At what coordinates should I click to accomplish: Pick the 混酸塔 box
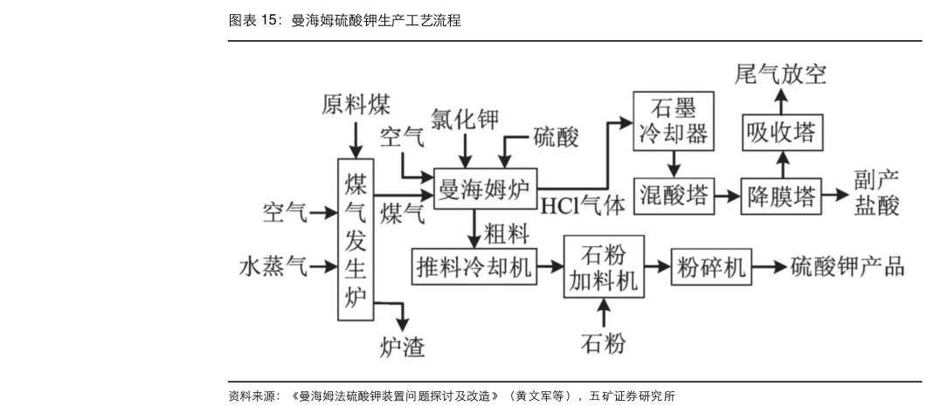674,195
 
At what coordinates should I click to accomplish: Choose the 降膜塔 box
782,196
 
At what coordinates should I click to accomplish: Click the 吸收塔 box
782,133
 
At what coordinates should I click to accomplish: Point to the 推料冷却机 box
474,267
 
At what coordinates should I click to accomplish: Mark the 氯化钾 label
467,120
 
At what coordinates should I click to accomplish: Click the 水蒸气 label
273,266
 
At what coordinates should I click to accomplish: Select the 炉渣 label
403,347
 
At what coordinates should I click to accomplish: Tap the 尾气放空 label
780,76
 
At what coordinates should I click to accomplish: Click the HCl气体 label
583,207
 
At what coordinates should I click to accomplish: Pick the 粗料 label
508,232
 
